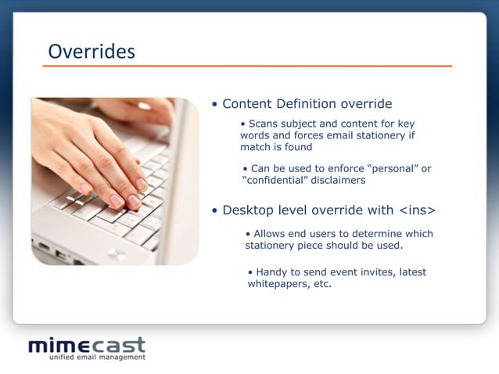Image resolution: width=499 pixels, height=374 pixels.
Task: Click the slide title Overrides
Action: click(92, 52)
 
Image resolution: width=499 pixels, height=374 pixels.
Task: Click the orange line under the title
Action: click(247, 67)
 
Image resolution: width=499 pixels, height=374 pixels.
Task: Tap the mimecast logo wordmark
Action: click(87, 345)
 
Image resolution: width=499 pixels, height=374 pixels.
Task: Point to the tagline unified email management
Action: click(97, 358)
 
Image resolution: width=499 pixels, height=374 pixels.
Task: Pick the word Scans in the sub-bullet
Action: click(264, 124)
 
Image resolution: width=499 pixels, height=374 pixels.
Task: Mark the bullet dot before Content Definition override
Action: click(215, 105)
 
